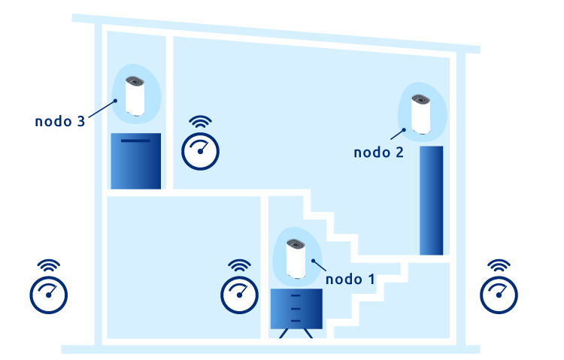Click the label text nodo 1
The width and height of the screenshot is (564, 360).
(350, 279)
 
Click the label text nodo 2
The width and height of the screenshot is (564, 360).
(378, 153)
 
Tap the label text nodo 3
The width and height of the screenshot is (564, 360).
(59, 121)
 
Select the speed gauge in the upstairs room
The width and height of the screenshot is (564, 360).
(201, 150)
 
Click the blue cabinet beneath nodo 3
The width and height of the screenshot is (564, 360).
(135, 162)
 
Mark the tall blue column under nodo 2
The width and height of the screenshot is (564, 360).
(431, 201)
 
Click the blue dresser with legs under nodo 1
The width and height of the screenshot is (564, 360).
(297, 308)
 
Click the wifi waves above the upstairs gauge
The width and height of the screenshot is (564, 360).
(201, 122)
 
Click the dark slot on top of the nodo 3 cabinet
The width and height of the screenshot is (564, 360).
(135, 141)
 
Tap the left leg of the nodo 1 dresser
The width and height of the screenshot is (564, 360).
(284, 333)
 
